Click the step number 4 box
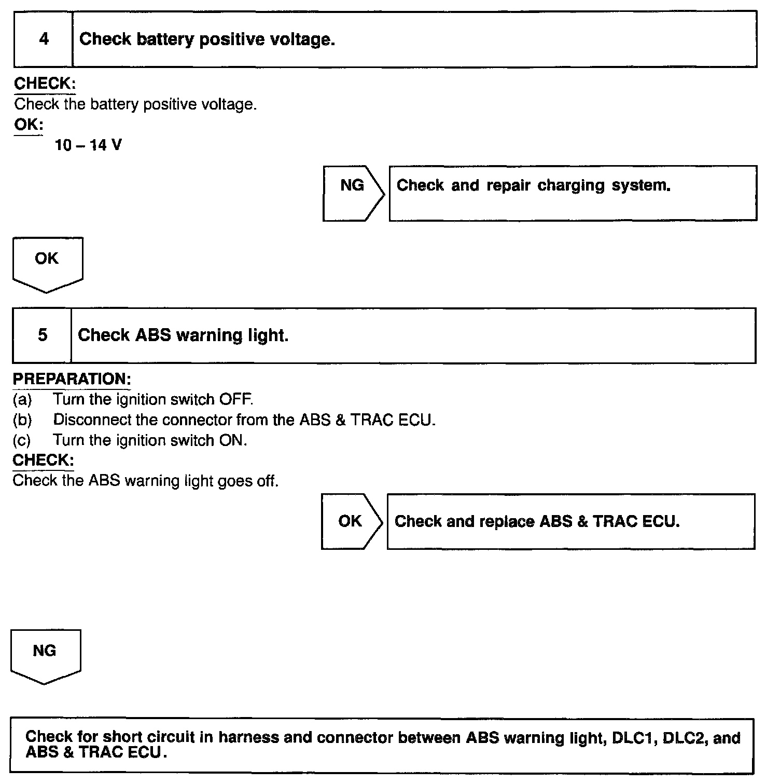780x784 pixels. point(44,39)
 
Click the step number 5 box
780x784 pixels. point(42,335)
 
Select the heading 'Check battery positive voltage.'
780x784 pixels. point(207,39)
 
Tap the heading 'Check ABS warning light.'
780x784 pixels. point(183,335)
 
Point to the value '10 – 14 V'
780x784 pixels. point(88,145)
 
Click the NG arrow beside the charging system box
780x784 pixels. point(353,193)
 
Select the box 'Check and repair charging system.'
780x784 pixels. point(573,193)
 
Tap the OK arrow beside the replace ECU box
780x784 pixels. point(351,521)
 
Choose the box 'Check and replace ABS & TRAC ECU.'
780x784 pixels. point(570,521)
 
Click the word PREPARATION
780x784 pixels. point(72,379)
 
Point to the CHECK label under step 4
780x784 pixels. point(45,84)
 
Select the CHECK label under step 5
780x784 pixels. point(43,460)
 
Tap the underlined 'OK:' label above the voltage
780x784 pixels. point(29,125)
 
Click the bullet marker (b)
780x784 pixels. point(22,420)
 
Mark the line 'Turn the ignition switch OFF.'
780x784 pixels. point(153,399)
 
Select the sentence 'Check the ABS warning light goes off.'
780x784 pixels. point(146,481)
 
